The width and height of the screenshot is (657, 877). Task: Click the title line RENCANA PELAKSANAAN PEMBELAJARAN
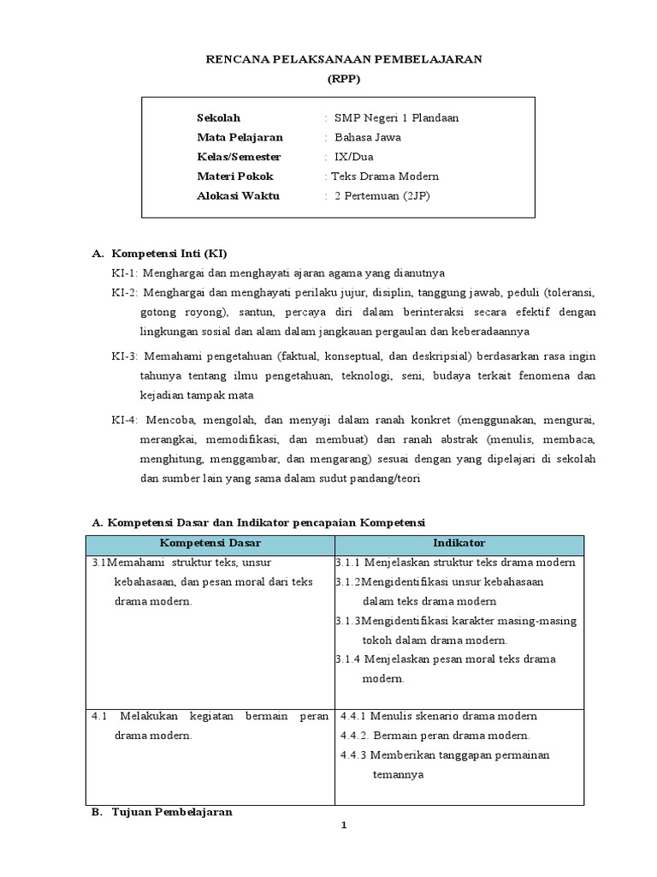[345, 59]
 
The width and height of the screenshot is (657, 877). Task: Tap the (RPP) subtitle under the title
[345, 78]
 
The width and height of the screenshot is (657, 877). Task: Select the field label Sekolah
[218, 117]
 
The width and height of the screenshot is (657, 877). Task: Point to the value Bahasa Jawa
[367, 137]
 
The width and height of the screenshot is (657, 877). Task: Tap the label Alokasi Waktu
[238, 196]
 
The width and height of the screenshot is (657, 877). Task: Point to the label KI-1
[125, 273]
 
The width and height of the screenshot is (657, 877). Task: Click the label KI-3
[125, 356]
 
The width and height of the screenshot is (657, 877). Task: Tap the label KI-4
[125, 421]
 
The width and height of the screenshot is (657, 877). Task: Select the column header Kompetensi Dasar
[210, 543]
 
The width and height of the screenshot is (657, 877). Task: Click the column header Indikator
[459, 543]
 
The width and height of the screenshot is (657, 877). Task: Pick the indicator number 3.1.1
[349, 563]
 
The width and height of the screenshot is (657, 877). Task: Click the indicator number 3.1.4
[349, 659]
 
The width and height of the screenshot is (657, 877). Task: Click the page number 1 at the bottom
[343, 825]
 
